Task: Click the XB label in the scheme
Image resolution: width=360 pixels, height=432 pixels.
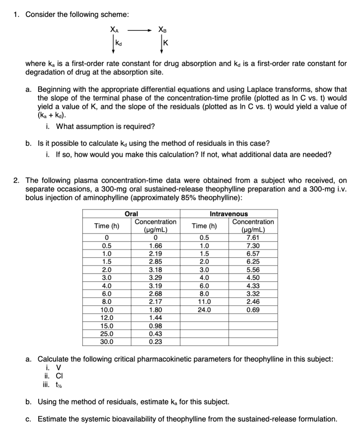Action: pos(162,28)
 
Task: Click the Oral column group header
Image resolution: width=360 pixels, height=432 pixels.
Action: pos(131,214)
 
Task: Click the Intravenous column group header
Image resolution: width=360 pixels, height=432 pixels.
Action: pos(228,214)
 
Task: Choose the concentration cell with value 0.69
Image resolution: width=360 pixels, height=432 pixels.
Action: pos(253,310)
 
